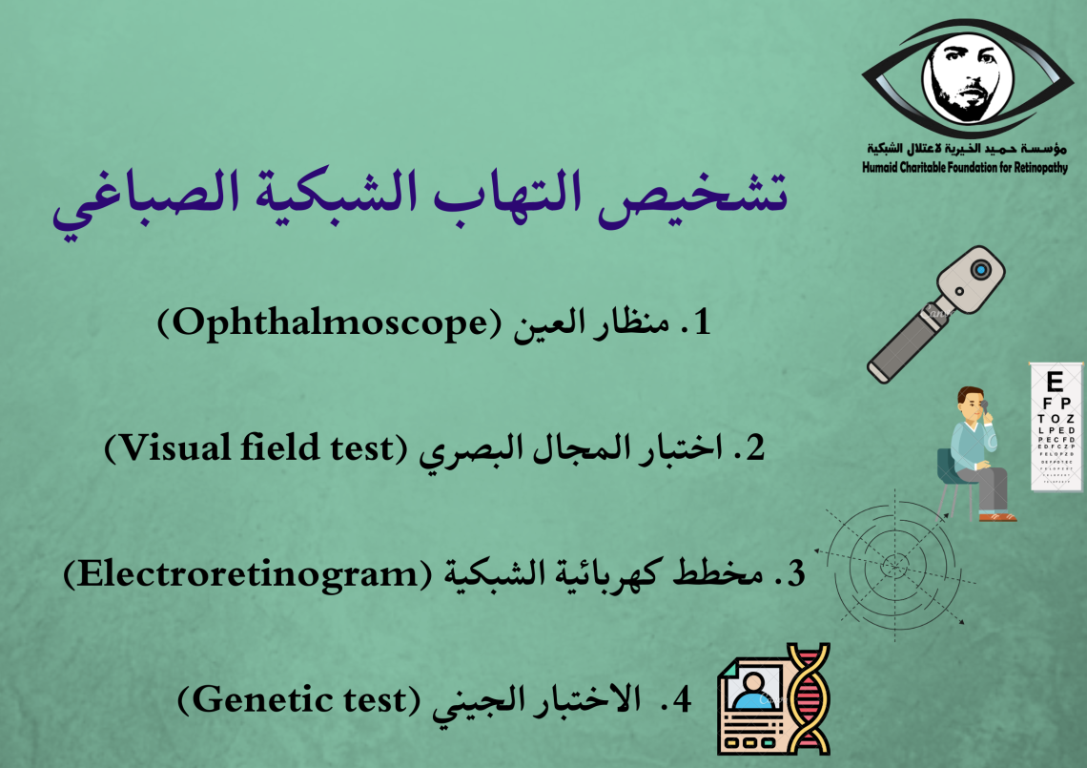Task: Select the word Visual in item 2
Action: (176, 448)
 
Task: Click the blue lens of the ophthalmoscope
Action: (980, 268)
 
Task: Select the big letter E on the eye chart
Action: (1055, 382)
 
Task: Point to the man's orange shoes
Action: (997, 516)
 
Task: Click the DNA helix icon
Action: (808, 698)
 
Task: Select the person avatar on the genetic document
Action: (751, 691)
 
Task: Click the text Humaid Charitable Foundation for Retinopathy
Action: (965, 167)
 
